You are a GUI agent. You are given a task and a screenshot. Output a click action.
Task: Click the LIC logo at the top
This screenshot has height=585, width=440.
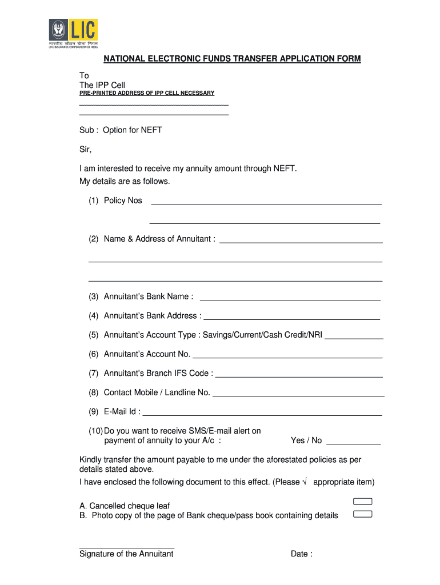point(73,34)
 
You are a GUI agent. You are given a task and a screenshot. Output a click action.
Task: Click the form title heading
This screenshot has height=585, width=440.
point(231,59)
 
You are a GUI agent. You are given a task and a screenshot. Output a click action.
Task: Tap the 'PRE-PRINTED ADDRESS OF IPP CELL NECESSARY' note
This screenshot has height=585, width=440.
point(146,93)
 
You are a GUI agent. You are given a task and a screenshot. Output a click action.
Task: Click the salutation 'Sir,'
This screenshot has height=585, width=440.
point(85,150)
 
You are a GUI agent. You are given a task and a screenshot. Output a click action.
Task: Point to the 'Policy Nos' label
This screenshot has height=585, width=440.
point(123,201)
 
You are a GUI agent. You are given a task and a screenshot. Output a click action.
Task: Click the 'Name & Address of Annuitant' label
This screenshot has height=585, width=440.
point(159,239)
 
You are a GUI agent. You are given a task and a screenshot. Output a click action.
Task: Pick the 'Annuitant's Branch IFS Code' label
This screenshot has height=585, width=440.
point(158,373)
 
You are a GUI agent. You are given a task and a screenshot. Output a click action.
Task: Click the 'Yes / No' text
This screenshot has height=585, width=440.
point(306,440)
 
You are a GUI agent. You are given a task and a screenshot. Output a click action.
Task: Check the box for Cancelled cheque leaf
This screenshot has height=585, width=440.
point(363,502)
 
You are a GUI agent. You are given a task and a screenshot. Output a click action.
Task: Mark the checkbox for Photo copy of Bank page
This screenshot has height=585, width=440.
point(363,514)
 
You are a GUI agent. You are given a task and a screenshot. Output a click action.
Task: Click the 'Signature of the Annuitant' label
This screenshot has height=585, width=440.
point(126,554)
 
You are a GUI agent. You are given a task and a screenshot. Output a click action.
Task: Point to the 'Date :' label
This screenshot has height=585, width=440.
point(301,554)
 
